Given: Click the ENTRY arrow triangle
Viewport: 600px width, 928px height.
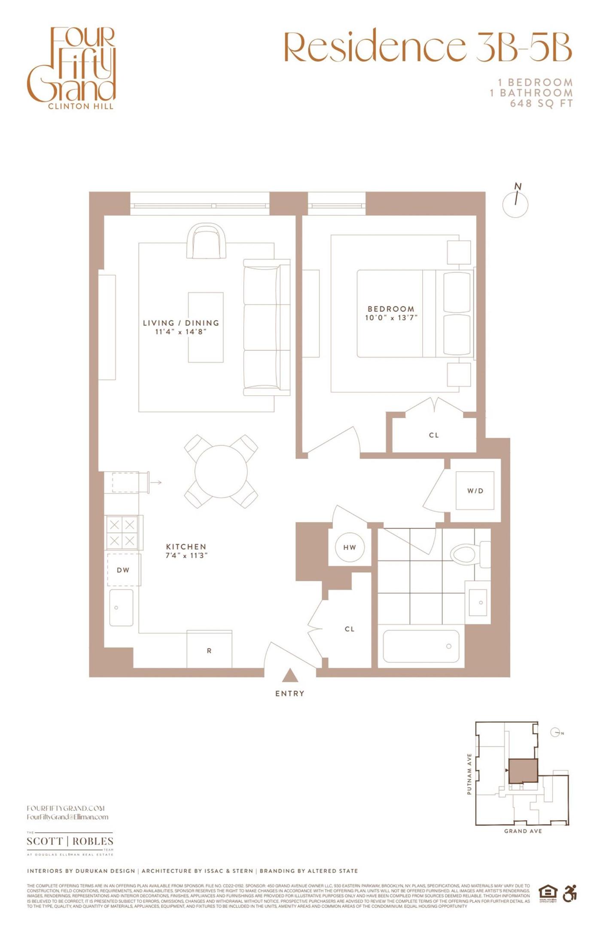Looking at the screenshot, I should click(290, 676).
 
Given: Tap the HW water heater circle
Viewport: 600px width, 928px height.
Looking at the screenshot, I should click(350, 547).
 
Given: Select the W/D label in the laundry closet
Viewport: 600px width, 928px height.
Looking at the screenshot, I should click(475, 491).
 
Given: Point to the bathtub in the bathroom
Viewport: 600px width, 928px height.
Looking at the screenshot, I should click(421, 646).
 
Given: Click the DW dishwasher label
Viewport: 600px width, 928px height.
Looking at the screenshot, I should click(123, 570).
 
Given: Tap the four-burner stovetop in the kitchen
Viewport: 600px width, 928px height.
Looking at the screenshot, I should click(122, 532).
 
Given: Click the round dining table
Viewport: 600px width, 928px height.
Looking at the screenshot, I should click(221, 471).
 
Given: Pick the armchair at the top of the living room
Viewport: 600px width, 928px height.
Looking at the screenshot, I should click(207, 241).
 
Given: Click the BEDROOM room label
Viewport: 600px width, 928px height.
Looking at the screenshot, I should click(391, 309).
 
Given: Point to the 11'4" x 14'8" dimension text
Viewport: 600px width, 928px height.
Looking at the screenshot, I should click(181, 332).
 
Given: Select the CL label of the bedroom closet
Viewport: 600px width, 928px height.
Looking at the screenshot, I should click(434, 435).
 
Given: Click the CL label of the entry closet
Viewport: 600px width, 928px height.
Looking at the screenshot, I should click(350, 629).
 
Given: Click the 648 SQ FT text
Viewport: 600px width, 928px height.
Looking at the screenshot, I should click(541, 104).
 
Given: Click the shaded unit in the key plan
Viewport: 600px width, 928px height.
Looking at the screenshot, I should click(523, 770).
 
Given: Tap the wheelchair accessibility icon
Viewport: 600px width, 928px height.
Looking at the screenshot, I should click(570, 894).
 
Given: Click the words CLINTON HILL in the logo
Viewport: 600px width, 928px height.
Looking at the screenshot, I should click(81, 106).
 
